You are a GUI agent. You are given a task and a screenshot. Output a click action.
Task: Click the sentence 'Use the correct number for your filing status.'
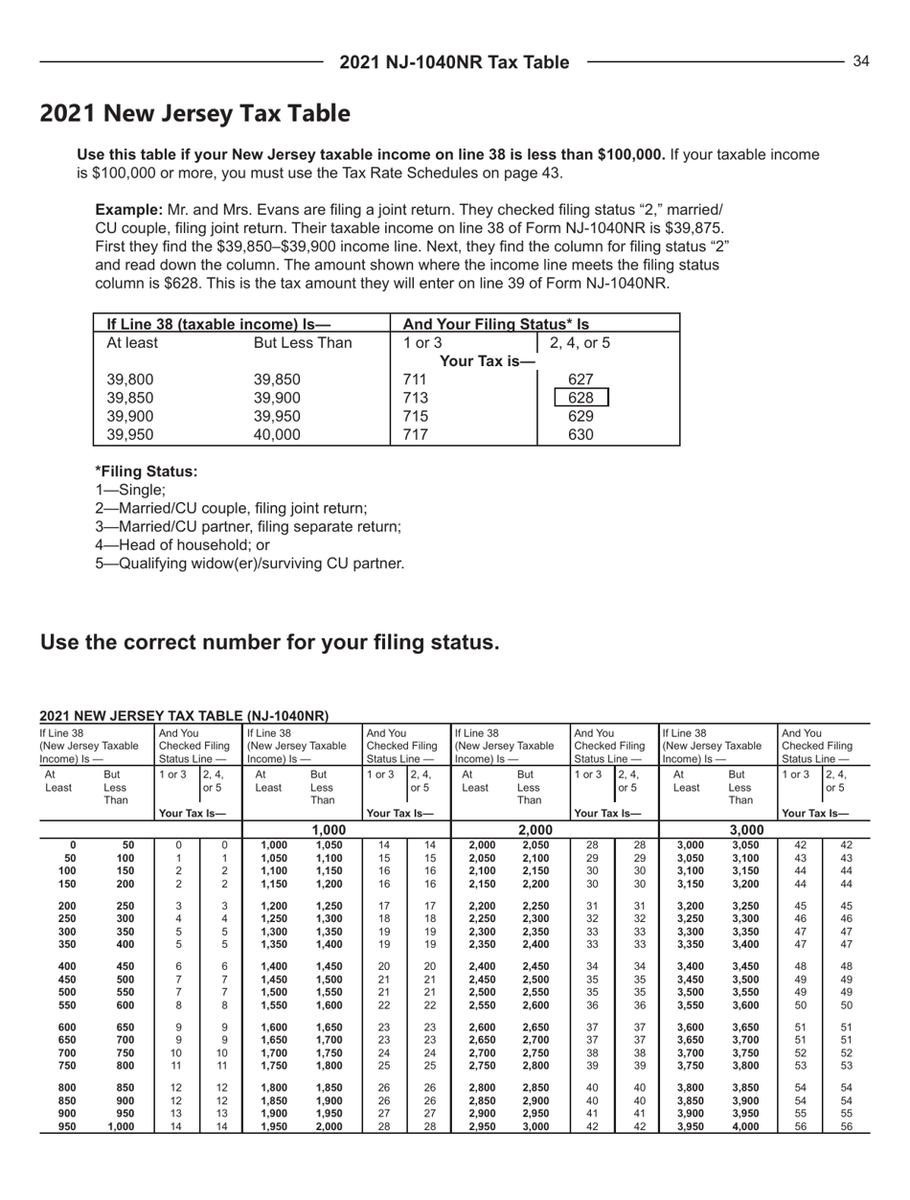click(x=269, y=641)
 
